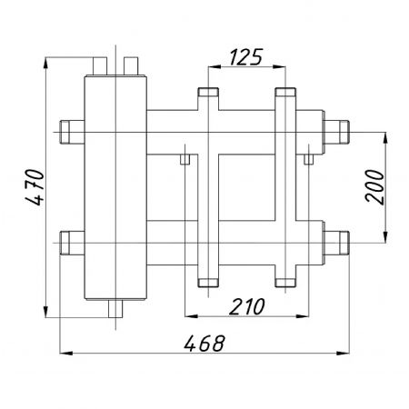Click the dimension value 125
(x=245, y=57)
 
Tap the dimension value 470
(x=35, y=187)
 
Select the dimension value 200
(x=374, y=186)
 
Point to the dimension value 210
(x=247, y=306)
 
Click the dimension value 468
(x=204, y=344)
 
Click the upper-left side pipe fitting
(x=72, y=132)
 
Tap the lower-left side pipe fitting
(x=72, y=243)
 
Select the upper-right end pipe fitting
(x=337, y=132)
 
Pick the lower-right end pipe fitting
(x=337, y=243)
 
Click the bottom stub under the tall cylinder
(x=115, y=309)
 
